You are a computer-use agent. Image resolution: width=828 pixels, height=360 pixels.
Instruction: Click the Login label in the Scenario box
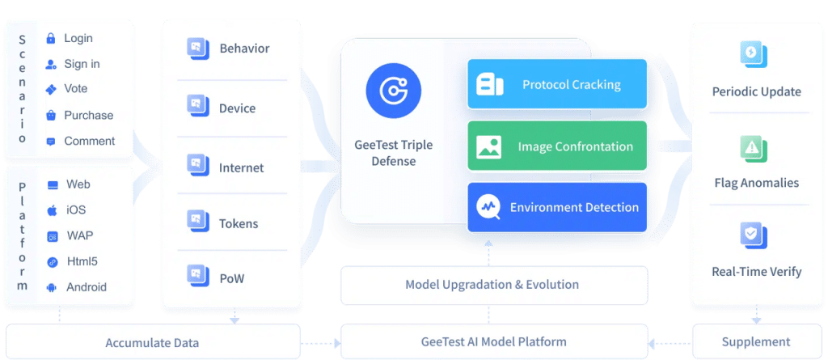(x=78, y=38)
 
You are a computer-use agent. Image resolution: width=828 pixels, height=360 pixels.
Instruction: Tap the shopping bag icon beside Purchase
(x=51, y=116)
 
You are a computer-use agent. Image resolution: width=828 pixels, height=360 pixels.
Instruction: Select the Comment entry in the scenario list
(x=89, y=141)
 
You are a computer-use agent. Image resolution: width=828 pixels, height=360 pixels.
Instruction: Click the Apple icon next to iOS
(x=52, y=210)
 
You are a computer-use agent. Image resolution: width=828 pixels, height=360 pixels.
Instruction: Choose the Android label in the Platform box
(x=86, y=287)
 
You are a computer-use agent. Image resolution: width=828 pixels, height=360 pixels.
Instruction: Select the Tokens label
(x=239, y=223)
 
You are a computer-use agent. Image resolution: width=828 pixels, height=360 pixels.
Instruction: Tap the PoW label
(x=231, y=278)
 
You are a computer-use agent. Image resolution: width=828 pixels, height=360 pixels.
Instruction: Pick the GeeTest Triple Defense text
(x=393, y=153)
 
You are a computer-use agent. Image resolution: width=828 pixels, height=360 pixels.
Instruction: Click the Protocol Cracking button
(x=558, y=84)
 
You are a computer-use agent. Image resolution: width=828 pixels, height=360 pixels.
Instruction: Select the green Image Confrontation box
(x=558, y=146)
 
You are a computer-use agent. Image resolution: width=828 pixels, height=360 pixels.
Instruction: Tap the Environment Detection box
(x=558, y=208)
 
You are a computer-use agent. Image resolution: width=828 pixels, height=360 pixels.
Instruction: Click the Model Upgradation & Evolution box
(x=492, y=285)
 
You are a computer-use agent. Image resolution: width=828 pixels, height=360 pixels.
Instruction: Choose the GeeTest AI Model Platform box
(x=492, y=341)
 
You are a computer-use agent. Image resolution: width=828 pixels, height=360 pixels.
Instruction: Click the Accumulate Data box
(x=152, y=343)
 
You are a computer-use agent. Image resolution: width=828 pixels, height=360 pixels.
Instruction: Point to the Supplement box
(x=756, y=341)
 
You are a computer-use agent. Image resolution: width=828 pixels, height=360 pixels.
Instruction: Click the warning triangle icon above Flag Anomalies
(x=753, y=147)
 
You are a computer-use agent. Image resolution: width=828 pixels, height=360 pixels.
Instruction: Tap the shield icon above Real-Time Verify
(x=753, y=235)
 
